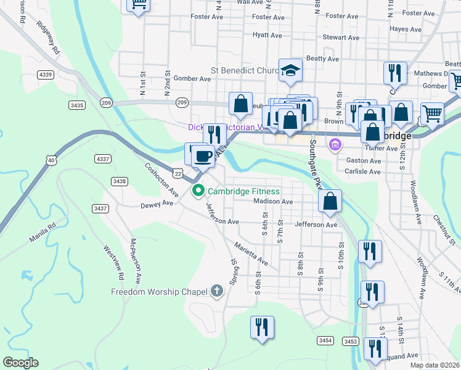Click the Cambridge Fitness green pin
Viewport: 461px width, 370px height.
(x=198, y=191)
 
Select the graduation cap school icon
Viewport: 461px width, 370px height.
(x=290, y=71)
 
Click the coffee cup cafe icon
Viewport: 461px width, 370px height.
(x=203, y=155)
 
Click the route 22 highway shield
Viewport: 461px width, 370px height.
(x=177, y=174)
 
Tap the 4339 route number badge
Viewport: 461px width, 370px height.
(x=45, y=75)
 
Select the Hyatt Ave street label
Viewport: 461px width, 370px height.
(x=267, y=35)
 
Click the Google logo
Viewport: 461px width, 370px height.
(x=20, y=363)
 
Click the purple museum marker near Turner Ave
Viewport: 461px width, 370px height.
(x=335, y=146)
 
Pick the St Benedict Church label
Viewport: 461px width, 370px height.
(x=245, y=71)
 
